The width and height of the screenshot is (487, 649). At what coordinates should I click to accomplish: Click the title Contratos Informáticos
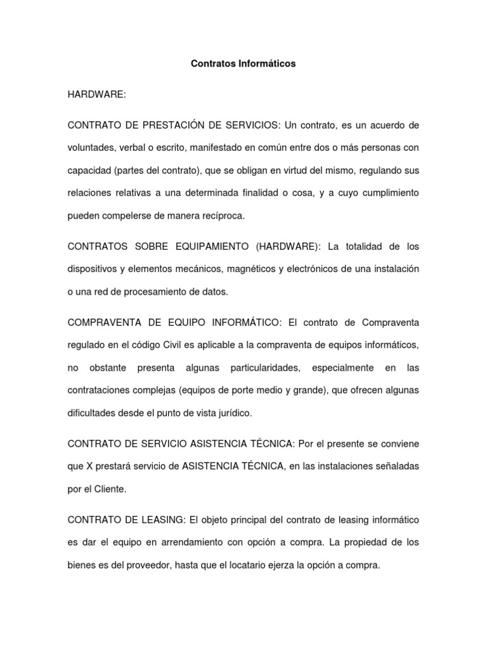point(243,64)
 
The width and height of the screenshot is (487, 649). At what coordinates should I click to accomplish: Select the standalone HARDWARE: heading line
point(97,94)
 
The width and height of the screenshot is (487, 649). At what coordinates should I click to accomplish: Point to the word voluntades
point(91,148)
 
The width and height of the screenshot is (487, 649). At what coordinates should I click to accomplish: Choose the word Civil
point(187,345)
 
